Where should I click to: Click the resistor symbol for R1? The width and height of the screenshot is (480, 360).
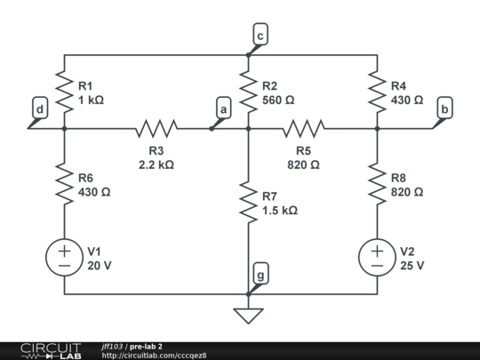coord(64,92)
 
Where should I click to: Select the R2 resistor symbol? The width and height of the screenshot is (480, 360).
coord(248,92)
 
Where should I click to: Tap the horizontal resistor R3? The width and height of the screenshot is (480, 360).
coord(156,129)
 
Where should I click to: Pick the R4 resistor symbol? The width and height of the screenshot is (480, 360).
coord(377,92)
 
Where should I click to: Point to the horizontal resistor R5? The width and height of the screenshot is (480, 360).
coord(304,129)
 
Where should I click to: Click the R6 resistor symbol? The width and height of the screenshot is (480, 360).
coord(64,183)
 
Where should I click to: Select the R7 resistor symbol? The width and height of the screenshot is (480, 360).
coord(248,202)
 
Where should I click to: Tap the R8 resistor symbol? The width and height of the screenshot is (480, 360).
coord(377,183)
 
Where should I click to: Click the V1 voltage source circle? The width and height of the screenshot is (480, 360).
coord(64,258)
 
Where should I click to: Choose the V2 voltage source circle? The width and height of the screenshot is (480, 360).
coord(377,258)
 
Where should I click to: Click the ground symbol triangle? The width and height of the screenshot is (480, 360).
coord(248,315)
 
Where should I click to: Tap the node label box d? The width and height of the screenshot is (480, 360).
coord(39,109)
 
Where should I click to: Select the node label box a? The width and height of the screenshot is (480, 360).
coord(223,108)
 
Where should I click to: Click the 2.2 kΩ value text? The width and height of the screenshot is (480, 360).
coord(156,164)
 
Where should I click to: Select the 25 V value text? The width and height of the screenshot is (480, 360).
coord(412,265)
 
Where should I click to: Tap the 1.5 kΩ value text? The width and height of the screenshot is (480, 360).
coord(280,211)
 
